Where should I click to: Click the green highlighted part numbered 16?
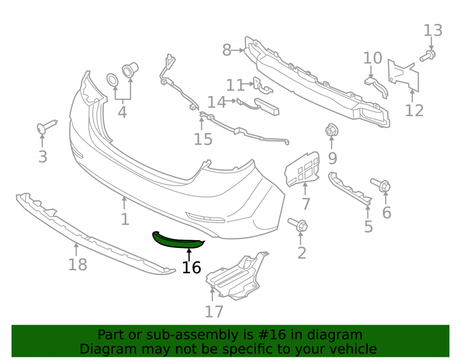[x=177, y=241]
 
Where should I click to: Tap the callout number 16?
[x=191, y=267]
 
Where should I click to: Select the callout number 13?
[x=433, y=30]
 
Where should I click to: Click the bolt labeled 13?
[x=428, y=55]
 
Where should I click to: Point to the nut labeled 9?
[x=332, y=130]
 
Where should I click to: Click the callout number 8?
[x=227, y=50]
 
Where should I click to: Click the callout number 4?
[x=122, y=112]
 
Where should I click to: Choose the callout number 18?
[x=77, y=265]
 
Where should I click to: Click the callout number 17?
[x=214, y=312]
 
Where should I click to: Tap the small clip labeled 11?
[x=263, y=86]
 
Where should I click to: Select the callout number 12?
[x=414, y=111]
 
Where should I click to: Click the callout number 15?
[x=203, y=139]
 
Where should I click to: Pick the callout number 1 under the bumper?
[x=125, y=219]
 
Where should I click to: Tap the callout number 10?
[x=372, y=58]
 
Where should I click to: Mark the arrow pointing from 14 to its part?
[x=231, y=101]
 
